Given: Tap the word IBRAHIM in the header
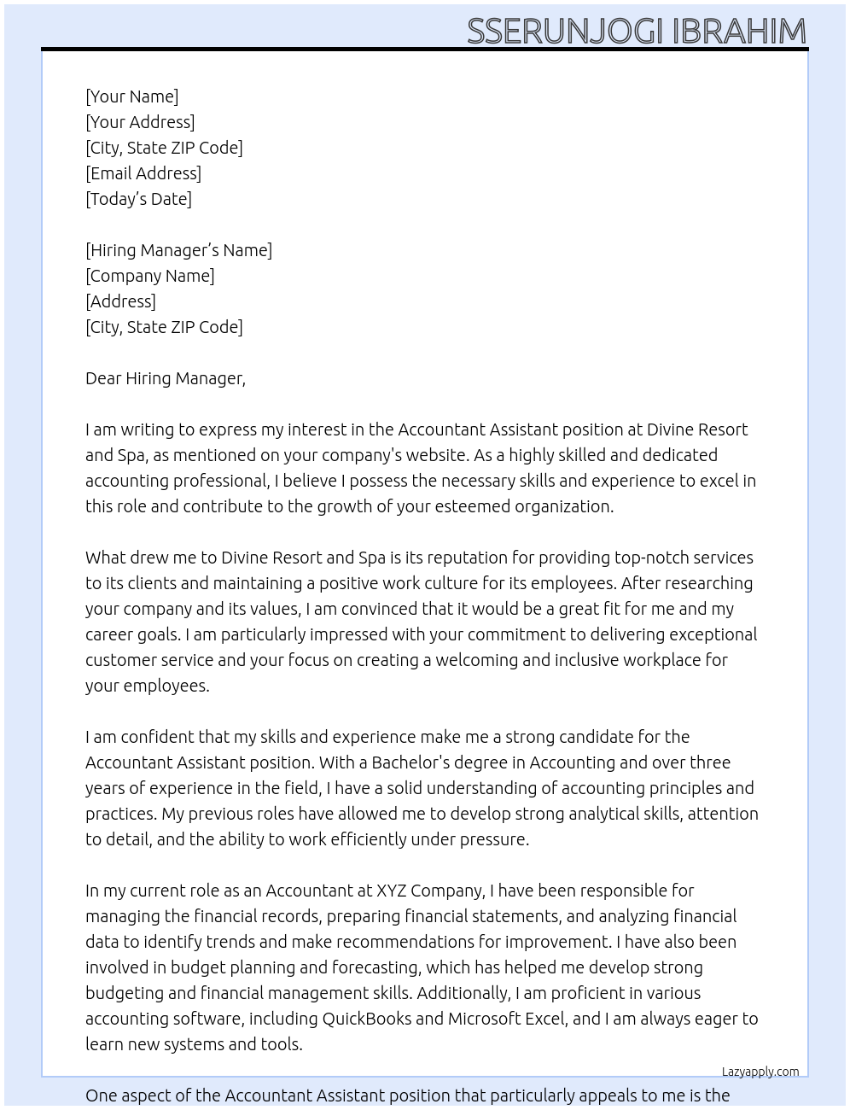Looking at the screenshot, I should [739, 31].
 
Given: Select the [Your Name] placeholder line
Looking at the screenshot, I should [131, 96].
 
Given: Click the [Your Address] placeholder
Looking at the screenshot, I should [140, 122].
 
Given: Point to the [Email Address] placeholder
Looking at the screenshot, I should [143, 173].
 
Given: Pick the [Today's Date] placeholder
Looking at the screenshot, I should [138, 199].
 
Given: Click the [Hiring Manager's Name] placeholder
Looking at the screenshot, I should [178, 250].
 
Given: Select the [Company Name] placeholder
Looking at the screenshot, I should [149, 276].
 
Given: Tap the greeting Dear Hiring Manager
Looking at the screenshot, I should [165, 378].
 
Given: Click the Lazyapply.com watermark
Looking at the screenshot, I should [760, 1072].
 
